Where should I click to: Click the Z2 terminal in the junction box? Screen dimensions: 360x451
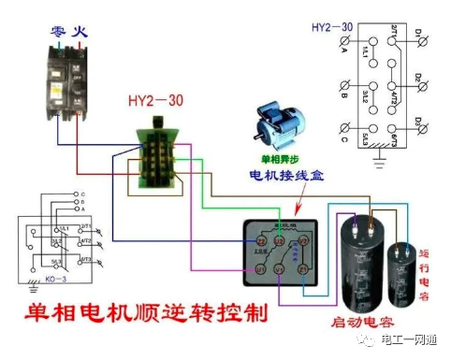pyautogui.click(x=261, y=241)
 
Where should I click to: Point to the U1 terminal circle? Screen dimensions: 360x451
pyautogui.click(x=261, y=268)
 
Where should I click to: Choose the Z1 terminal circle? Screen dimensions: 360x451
pyautogui.click(x=303, y=268)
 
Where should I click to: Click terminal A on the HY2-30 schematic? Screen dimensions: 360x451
pyautogui.click(x=346, y=43)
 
